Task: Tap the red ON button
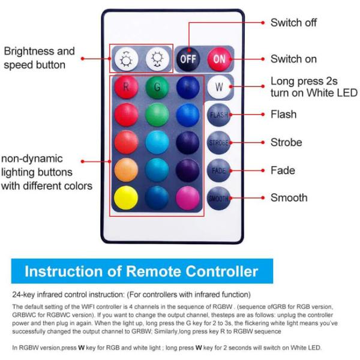(x=220, y=59)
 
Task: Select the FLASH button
(x=219, y=115)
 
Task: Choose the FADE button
(x=219, y=170)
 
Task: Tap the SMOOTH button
(x=219, y=198)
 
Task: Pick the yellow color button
(x=126, y=198)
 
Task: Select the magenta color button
(x=188, y=198)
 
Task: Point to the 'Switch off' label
(x=293, y=23)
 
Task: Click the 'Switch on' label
(x=293, y=59)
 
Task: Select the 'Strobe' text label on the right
(x=286, y=143)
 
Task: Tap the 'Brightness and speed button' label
(x=39, y=58)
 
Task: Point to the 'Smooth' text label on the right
(x=289, y=198)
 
